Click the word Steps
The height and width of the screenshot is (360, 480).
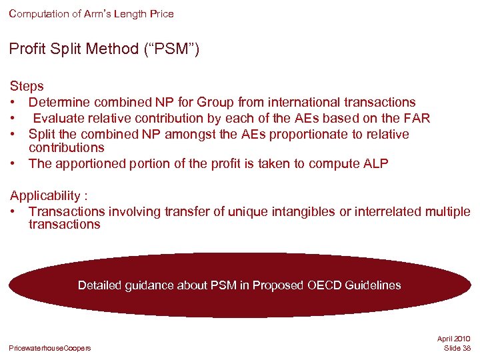tap(27, 87)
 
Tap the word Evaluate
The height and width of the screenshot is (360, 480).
tap(60, 119)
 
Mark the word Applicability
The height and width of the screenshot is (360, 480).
tap(45, 196)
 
